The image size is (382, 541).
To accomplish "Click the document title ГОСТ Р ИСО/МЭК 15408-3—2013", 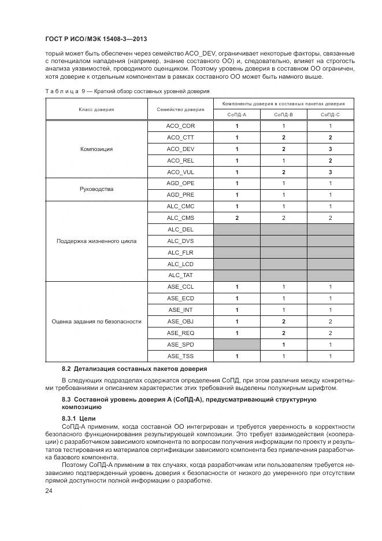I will (x=95, y=39).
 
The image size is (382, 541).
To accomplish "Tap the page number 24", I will (x=49, y=491).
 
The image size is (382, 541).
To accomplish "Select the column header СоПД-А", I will (x=236, y=115).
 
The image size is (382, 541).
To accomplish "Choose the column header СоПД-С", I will (x=330, y=115).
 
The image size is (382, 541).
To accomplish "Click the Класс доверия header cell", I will (x=97, y=109).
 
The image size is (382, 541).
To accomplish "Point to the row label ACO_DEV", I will (x=181, y=149).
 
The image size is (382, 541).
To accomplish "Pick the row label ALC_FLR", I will (x=181, y=252).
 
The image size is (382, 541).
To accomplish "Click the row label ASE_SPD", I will (x=181, y=344).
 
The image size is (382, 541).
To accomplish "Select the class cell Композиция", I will (x=97, y=149).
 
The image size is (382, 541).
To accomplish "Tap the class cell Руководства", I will (x=97, y=189).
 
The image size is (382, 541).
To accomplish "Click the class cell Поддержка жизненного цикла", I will (x=97, y=241).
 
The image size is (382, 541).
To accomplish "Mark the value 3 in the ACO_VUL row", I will (x=330, y=172).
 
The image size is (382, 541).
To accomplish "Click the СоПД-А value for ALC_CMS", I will (x=236, y=218).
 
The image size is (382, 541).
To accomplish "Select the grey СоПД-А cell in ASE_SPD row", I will (x=236, y=344).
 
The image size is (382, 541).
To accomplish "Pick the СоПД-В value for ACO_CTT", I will (x=283, y=138).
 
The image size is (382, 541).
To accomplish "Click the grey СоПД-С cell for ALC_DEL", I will (x=330, y=229).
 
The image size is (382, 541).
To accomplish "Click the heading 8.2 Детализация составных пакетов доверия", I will (x=134, y=369).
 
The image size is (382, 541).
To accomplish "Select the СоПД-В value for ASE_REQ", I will (x=283, y=333).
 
